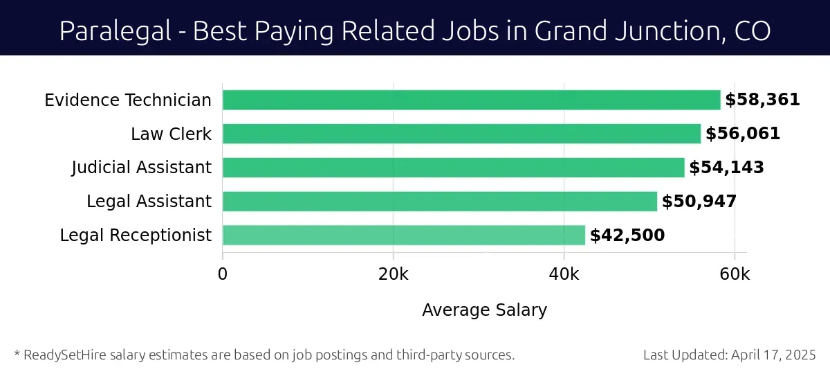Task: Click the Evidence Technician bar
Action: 471,100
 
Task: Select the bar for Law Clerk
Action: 461,134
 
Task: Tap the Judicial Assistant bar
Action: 453,168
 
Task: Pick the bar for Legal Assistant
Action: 439,202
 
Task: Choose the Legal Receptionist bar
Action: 403,235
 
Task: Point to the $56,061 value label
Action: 743,134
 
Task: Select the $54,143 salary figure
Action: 726,168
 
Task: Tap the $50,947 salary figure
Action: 699,202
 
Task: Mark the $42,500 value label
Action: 627,235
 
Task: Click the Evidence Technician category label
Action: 128,100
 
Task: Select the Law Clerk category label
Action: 171,134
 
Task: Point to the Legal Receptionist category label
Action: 136,235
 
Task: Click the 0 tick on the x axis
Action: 223,274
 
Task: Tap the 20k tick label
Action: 393,274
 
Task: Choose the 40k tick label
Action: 564,274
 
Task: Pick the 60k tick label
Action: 734,274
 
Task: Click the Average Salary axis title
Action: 484,310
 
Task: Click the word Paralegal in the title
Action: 111,31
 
